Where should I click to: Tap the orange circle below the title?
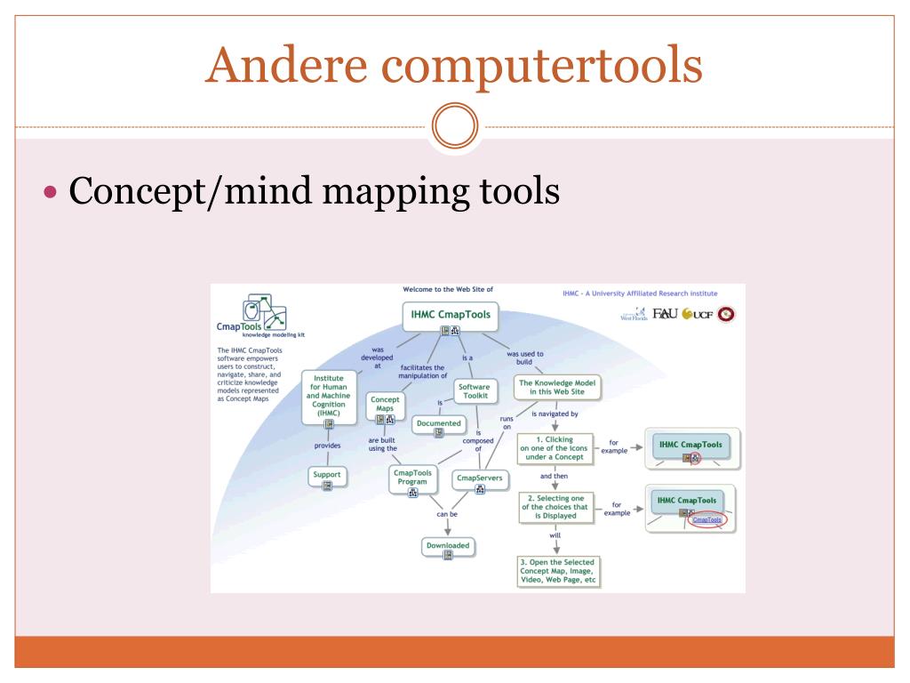coord(455,128)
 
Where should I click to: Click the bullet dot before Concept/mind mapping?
coord(50,193)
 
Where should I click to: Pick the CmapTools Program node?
coord(412,479)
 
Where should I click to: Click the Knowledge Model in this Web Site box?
coord(559,388)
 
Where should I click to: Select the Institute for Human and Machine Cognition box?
coord(329,396)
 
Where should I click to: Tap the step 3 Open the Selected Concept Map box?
coord(559,571)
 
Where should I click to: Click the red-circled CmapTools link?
coord(707,519)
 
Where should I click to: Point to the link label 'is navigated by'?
coord(555,414)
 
